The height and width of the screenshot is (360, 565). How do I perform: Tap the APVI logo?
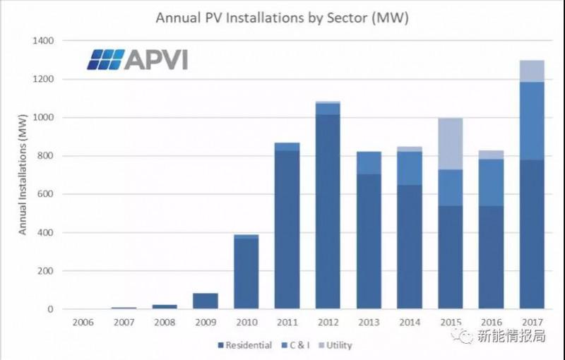[137, 60]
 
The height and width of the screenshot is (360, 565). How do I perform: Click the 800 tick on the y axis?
[44, 156]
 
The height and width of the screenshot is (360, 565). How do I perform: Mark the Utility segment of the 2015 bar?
[451, 144]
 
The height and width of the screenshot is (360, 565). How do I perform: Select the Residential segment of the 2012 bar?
[327, 212]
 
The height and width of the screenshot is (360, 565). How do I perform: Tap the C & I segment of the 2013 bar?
[368, 163]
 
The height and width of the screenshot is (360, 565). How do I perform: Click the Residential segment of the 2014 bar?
[410, 247]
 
